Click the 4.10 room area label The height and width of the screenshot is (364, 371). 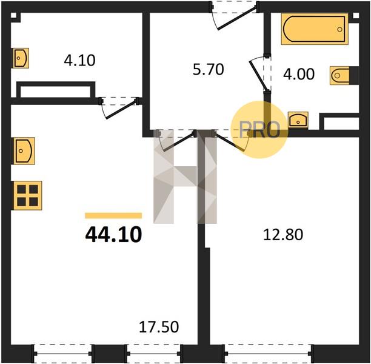(79, 60)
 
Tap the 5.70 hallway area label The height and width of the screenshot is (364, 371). (208, 70)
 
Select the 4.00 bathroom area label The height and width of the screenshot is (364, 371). (299, 74)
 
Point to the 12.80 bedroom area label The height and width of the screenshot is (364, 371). (283, 235)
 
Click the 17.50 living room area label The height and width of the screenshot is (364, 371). (159, 327)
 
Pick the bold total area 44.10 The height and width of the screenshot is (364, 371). (113, 235)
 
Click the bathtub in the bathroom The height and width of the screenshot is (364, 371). (315, 29)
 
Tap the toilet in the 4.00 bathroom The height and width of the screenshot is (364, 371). (339, 76)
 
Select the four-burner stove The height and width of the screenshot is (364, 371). (28, 195)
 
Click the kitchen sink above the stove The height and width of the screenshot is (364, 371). (24, 151)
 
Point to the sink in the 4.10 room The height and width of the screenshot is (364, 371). (21, 58)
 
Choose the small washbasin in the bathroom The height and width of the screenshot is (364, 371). (298, 120)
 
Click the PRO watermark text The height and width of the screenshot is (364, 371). (260, 130)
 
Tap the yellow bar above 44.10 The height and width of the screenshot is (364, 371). (113, 215)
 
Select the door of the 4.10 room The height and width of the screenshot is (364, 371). (121, 109)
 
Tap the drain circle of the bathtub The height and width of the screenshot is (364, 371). (339, 29)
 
